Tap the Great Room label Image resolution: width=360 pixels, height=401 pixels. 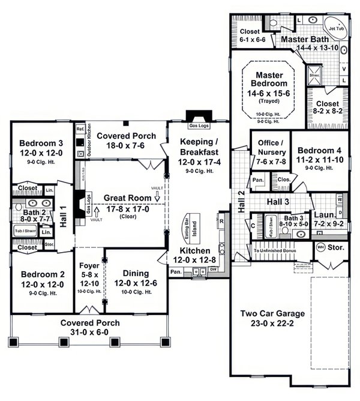(127, 197)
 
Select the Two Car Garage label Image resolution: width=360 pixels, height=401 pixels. (272, 313)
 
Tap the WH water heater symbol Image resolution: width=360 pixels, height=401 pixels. (320, 247)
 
